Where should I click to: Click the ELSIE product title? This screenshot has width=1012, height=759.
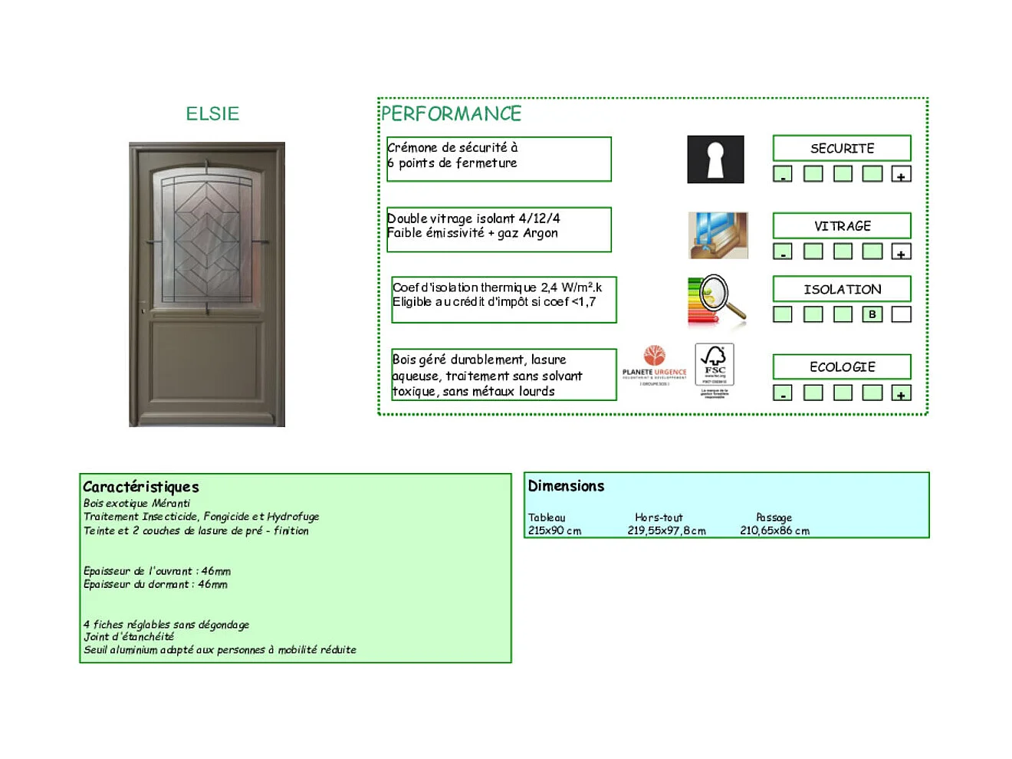click(x=212, y=113)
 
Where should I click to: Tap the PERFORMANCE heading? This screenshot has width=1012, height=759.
click(x=451, y=114)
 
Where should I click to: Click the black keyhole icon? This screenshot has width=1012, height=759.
click(x=715, y=159)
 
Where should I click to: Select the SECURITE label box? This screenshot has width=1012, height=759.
click(x=842, y=148)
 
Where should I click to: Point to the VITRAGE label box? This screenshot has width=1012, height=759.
click(x=842, y=225)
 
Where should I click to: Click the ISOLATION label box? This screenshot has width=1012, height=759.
click(x=842, y=289)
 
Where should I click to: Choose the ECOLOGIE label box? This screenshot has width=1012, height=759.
click(x=842, y=366)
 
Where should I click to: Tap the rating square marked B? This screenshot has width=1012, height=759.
click(x=872, y=314)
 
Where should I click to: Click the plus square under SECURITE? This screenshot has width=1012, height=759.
click(x=901, y=175)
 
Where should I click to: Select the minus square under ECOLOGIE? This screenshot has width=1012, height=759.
click(x=782, y=393)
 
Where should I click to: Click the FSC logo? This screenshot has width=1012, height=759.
click(x=715, y=366)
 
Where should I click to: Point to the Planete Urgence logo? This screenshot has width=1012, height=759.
click(x=654, y=364)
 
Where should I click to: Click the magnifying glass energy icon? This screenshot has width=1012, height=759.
click(x=717, y=301)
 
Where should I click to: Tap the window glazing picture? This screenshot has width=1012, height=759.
click(x=718, y=235)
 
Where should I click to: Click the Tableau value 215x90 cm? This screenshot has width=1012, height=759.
click(x=554, y=531)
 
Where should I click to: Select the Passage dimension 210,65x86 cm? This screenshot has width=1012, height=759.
click(x=774, y=531)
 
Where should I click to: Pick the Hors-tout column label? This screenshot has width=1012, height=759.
click(x=659, y=517)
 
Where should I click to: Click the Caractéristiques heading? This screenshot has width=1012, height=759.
click(x=141, y=487)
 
